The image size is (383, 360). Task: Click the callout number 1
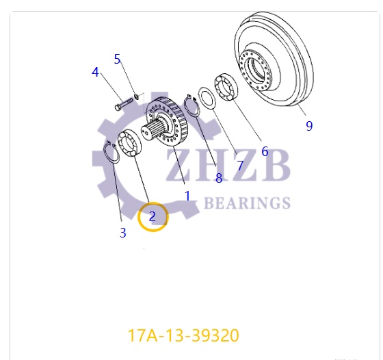tap(187, 196)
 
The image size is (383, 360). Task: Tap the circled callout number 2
tap(153, 217)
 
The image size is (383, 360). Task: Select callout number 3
tap(123, 233)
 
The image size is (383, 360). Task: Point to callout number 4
tap(96, 72)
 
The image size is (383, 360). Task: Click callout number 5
tap(117, 59)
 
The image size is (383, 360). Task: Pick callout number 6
tap(265, 152)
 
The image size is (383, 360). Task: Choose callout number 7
tap(240, 166)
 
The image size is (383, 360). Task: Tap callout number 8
tap(219, 178)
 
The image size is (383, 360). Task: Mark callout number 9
tap(309, 125)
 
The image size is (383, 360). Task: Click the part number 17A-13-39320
tap(183, 336)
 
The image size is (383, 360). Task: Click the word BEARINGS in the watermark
tap(248, 203)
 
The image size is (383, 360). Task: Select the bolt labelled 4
tap(123, 104)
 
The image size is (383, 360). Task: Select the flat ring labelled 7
tap(207, 97)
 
